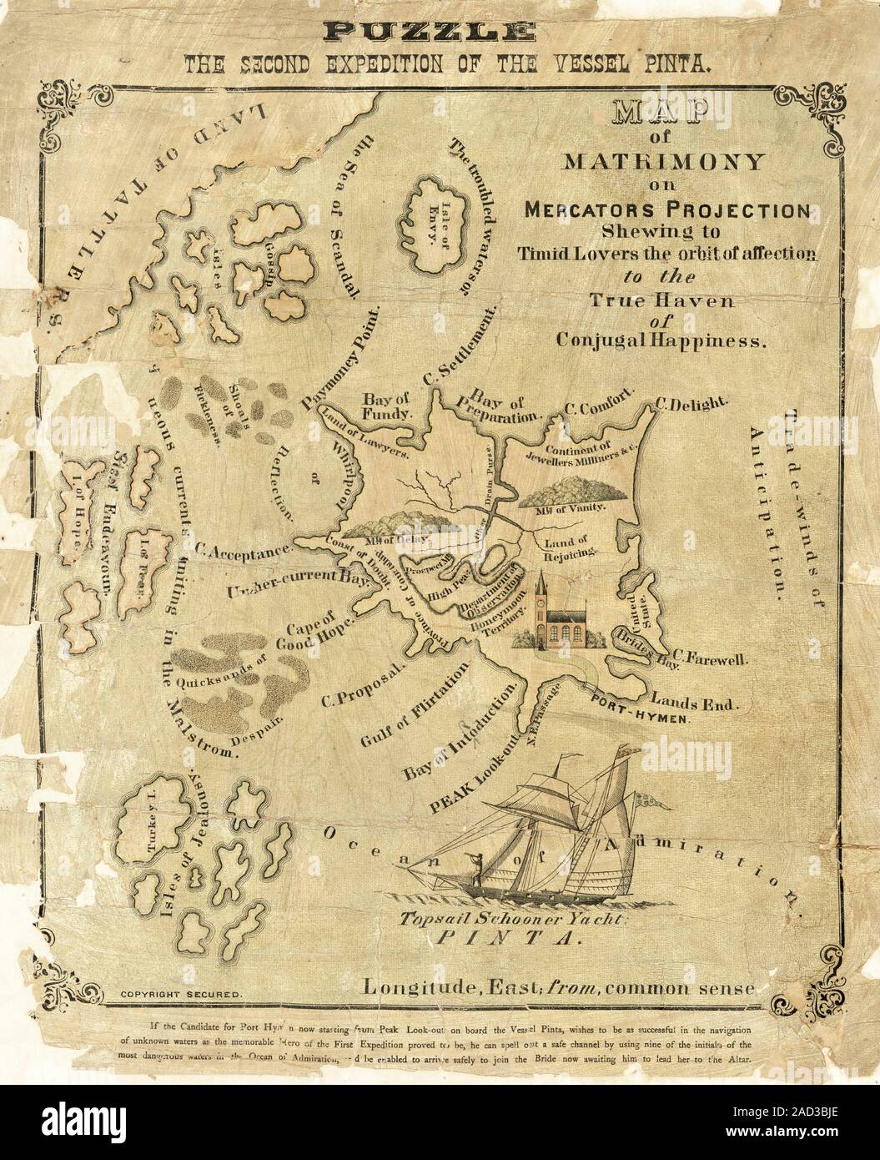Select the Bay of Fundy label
pyautogui.click(x=385, y=405)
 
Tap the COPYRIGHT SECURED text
pyautogui.click(x=181, y=995)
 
